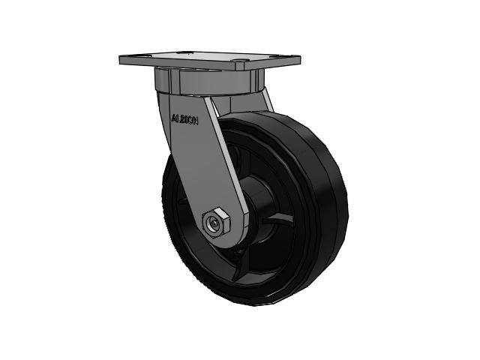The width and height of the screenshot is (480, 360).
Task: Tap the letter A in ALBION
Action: pyautogui.click(x=174, y=117)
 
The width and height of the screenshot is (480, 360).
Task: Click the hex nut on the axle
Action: pyautogui.click(x=217, y=223)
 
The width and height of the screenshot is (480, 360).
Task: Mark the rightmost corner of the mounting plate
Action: pyautogui.click(x=300, y=60)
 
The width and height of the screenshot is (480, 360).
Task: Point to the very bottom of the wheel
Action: pyautogui.click(x=255, y=310)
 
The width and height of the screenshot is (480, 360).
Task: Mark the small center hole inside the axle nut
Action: pyautogui.click(x=216, y=223)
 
